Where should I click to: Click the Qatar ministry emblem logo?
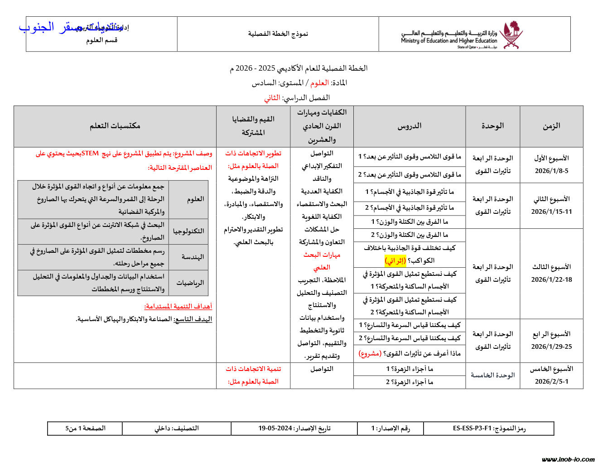click(513, 34)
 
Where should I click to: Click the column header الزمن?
click(551, 126)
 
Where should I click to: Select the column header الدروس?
click(409, 126)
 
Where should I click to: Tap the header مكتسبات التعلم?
click(115, 126)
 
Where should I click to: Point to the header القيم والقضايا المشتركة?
click(253, 126)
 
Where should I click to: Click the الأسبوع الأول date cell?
click(551, 164)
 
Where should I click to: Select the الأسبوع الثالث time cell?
click(551, 273)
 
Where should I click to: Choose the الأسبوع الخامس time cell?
click(551, 375)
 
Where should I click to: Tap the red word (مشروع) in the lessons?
click(370, 353)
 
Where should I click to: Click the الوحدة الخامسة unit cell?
click(492, 375)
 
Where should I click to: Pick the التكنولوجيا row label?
click(188, 231)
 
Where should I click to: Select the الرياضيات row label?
click(190, 283)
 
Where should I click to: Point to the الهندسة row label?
click(193, 257)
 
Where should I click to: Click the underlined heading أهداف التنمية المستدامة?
click(178, 306)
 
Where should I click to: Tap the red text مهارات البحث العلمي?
click(322, 261)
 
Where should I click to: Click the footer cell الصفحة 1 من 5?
click(85, 428)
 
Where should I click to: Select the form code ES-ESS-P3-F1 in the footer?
click(489, 428)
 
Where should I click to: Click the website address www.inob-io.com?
click(568, 459)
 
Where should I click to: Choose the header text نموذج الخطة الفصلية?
click(278, 34)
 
